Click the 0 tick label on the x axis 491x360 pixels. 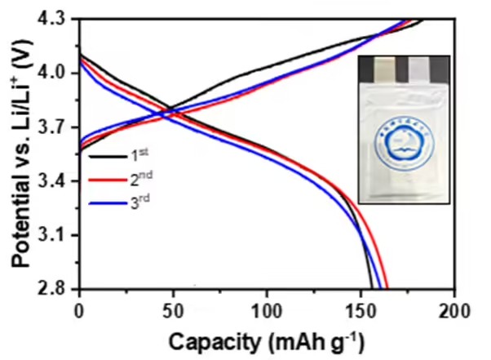click(78, 310)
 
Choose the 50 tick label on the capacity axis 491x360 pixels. click(172, 310)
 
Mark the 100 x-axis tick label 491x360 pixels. click(266, 310)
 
